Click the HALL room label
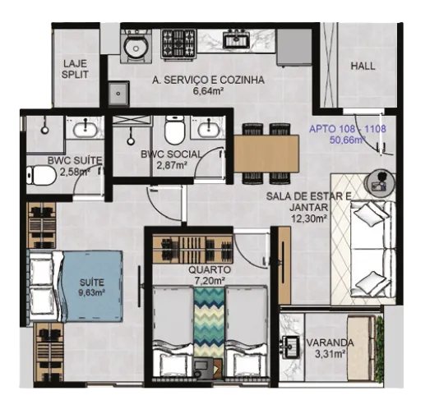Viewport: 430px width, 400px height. [363, 66]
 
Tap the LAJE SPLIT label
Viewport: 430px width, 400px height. [75, 69]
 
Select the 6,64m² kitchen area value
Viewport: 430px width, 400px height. [207, 90]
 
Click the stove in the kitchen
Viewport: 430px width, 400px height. [178, 44]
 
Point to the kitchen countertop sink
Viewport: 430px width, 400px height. [236, 39]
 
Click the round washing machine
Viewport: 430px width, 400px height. [136, 47]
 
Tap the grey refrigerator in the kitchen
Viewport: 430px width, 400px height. [294, 47]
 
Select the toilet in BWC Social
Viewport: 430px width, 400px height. [174, 131]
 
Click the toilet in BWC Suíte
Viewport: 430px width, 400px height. [40, 175]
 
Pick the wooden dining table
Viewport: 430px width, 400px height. [266, 154]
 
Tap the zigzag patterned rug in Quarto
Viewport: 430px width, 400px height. [209, 322]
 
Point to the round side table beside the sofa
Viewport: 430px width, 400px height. [380, 182]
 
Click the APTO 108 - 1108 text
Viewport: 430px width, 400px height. [348, 128]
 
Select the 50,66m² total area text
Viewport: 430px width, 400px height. [349, 140]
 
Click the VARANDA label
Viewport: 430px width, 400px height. [330, 343]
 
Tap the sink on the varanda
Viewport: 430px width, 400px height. [291, 347]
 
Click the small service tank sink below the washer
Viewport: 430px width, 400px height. [118, 94]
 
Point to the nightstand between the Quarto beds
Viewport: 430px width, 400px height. [207, 368]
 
